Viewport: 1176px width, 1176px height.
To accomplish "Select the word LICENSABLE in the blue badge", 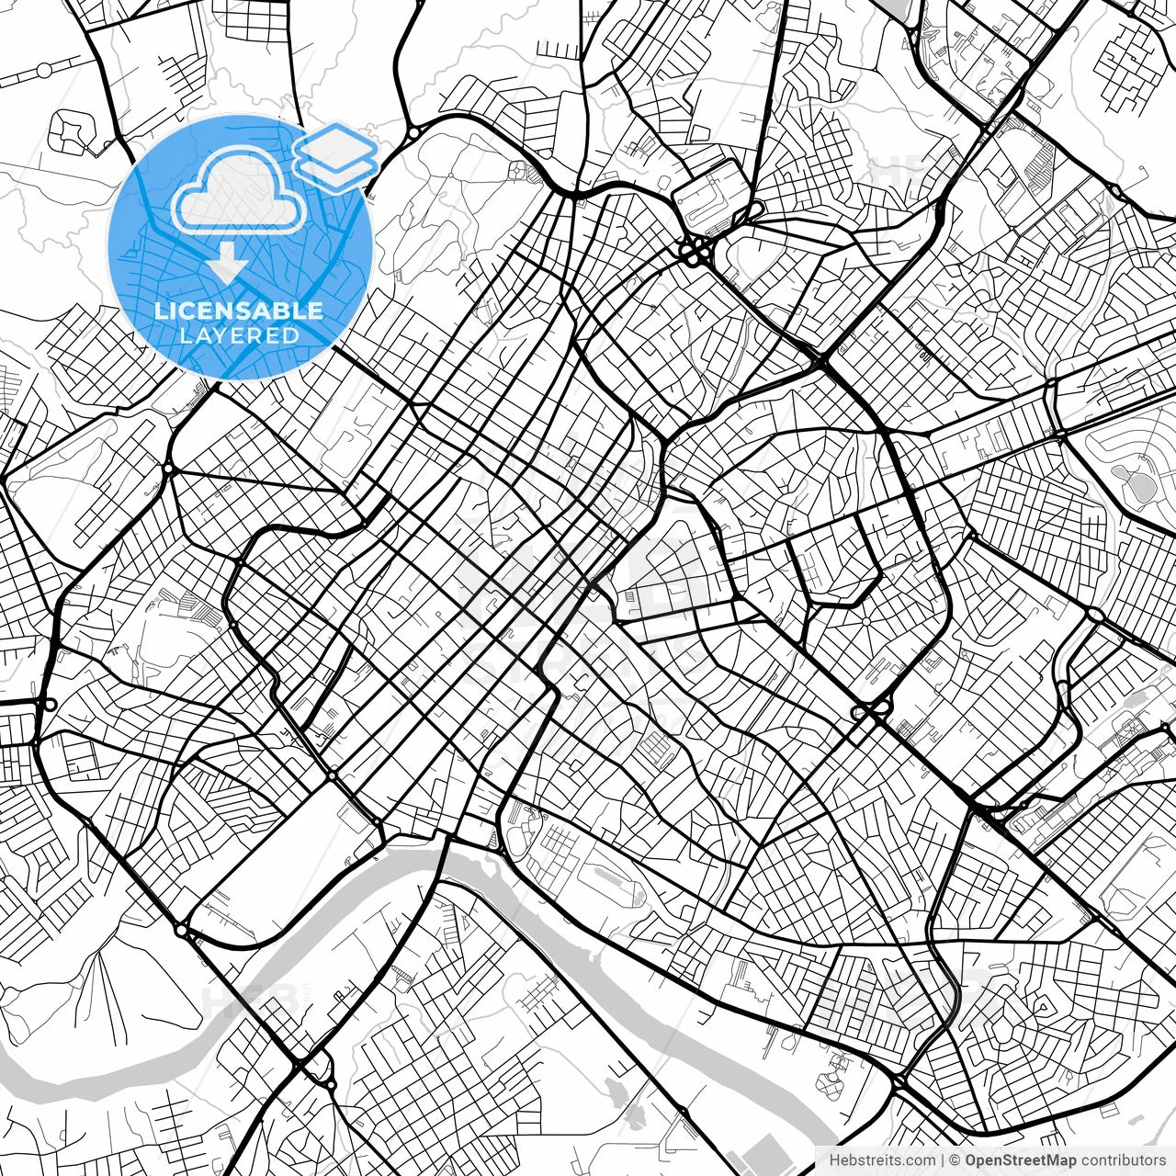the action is point(239,311).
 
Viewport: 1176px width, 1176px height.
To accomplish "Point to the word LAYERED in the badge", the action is point(239,335).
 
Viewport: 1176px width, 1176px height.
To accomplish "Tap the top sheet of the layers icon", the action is point(336,141).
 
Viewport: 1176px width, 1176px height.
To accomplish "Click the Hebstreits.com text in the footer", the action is point(882,1160).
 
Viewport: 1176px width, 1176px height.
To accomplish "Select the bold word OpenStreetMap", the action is point(1019,1160).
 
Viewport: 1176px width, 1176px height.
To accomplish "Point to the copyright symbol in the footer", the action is point(955,1160).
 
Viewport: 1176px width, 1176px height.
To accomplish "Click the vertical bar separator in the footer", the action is point(943,1160).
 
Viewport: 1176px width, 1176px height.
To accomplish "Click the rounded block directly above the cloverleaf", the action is point(706,196).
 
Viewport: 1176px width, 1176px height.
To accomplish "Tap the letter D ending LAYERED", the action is point(293,335).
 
